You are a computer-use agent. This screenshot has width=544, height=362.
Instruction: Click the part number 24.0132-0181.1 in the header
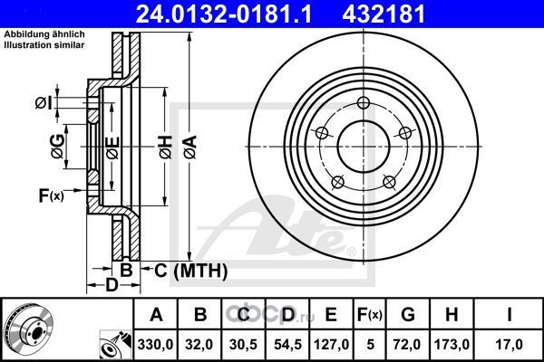coord(225,14)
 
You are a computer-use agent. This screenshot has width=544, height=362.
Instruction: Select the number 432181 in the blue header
coord(384,14)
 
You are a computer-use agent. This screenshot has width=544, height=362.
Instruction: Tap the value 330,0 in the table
coord(155,345)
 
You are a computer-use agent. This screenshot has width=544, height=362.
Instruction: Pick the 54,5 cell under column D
coord(287,345)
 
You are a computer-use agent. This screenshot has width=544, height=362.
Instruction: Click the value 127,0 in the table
coord(331,345)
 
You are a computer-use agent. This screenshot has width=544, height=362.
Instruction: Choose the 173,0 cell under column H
coord(452,345)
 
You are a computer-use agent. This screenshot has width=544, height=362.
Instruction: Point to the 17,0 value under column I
coord(510,345)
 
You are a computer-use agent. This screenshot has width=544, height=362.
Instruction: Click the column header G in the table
coord(408,315)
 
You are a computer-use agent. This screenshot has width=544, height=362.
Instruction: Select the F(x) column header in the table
coord(370,315)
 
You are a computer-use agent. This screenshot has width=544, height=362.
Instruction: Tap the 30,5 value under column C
coord(243,345)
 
